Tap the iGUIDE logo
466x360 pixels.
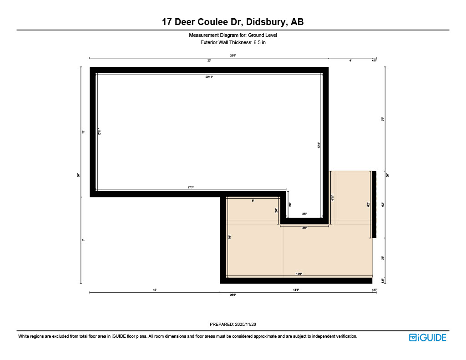pyautogui.click(x=427, y=337)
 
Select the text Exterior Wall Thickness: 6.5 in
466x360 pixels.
pyautogui.click(x=233, y=42)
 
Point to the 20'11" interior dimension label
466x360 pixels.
pyautogui.click(x=209, y=77)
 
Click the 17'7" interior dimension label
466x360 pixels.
pyautogui.click(x=191, y=187)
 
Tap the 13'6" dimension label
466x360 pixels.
pyautogui.click(x=299, y=274)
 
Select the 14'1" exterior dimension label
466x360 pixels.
pyautogui.click(x=296, y=289)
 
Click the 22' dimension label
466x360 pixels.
pyautogui.click(x=209, y=61)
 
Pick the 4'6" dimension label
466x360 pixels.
pyautogui.click(x=304, y=228)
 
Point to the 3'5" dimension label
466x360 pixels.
pyautogui.click(x=304, y=214)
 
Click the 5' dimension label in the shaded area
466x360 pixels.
pyautogui.click(x=253, y=200)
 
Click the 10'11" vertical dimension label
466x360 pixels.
pyautogui.click(x=99, y=132)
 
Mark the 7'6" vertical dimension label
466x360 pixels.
pyautogui.click(x=230, y=237)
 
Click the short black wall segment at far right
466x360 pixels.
pyautogui.click(x=375, y=204)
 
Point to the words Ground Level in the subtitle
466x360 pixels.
pyautogui.click(x=263, y=35)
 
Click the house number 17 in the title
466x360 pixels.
pyautogui.click(x=167, y=22)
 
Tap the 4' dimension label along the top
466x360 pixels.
pyautogui.click(x=350, y=61)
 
